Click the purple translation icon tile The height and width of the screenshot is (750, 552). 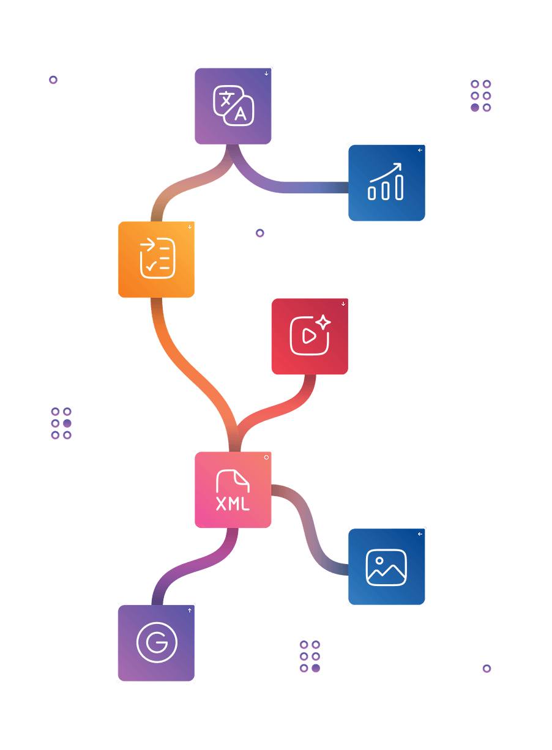point(233,106)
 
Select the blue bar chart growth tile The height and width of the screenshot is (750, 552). point(386,182)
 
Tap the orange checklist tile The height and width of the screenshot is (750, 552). point(156,259)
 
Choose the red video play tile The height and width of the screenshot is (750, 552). point(310,336)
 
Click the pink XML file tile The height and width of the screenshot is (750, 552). point(233,489)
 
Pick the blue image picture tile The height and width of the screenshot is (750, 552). point(386,566)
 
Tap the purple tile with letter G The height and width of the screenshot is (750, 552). point(156,643)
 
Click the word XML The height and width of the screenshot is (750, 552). point(233,505)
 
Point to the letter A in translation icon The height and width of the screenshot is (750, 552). point(241,114)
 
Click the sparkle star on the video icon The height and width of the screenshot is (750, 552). point(324,322)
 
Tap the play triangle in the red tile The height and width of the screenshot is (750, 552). point(308,336)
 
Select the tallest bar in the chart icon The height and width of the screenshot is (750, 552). point(399,186)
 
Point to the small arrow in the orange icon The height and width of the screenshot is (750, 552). point(147,245)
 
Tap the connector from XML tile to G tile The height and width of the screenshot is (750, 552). point(190,566)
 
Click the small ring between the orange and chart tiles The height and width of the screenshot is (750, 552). point(260,233)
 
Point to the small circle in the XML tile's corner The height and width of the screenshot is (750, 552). point(266,457)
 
